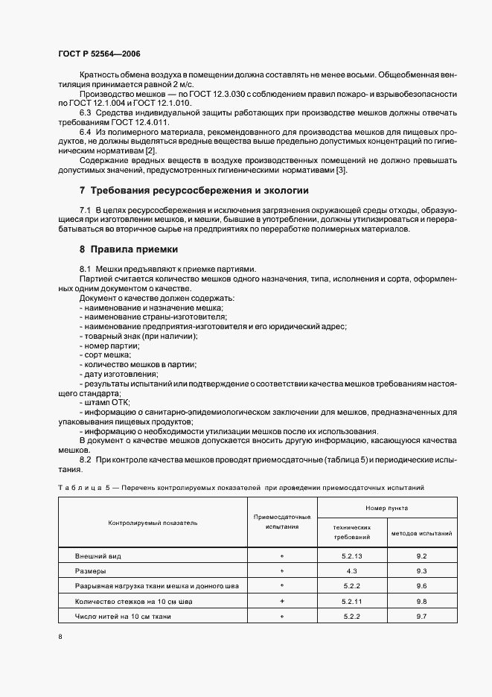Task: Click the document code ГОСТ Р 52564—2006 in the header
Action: pos(99,54)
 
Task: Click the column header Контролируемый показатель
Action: pos(153,523)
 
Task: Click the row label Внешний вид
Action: pos(98,556)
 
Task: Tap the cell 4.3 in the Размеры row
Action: pos(352,571)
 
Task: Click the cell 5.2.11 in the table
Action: pos(352,601)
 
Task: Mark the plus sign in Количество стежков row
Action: pos(282,601)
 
